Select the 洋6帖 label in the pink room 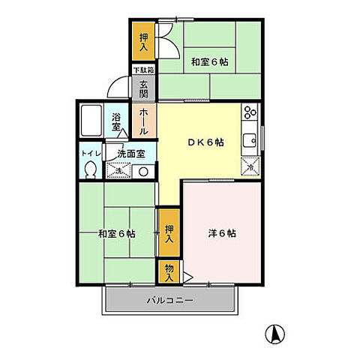(223, 233)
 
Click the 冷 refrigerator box (249, 167)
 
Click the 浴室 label (117, 122)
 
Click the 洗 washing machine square (120, 171)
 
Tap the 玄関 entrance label (143, 88)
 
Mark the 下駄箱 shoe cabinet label (143, 70)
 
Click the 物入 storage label (169, 271)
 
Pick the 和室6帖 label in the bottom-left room (116, 233)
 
